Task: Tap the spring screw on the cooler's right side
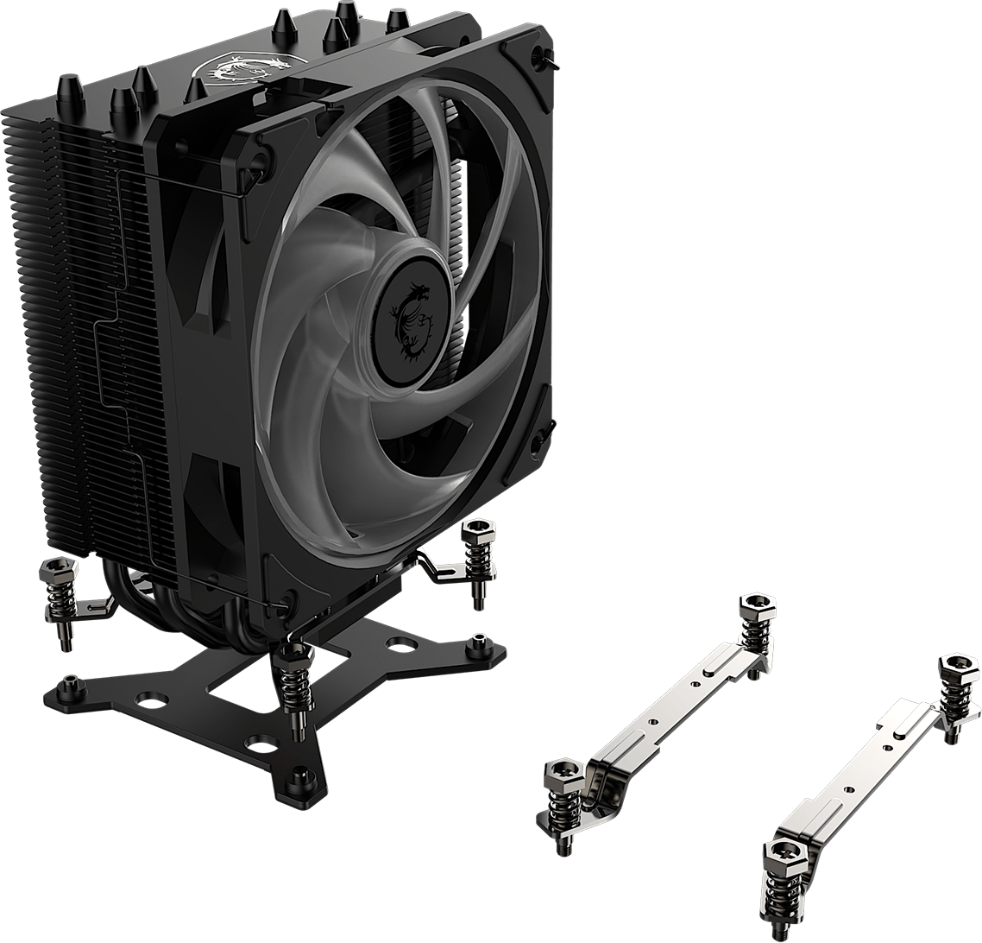tap(476, 554)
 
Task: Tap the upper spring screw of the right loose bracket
tap(956, 691)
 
